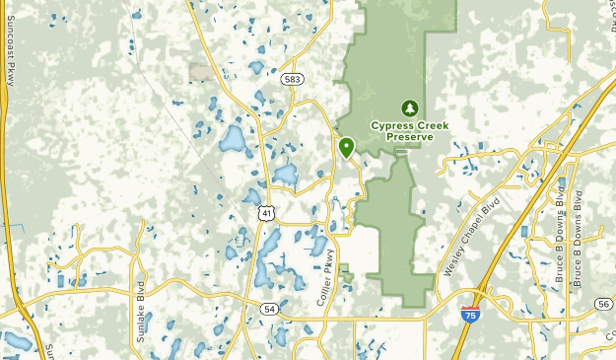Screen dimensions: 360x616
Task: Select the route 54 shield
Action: [269, 309]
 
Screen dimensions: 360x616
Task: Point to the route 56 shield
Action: [602, 306]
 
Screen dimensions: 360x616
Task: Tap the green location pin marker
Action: [346, 147]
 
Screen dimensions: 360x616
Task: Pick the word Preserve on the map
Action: [410, 137]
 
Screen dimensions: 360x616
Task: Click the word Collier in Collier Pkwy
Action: [324, 294]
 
